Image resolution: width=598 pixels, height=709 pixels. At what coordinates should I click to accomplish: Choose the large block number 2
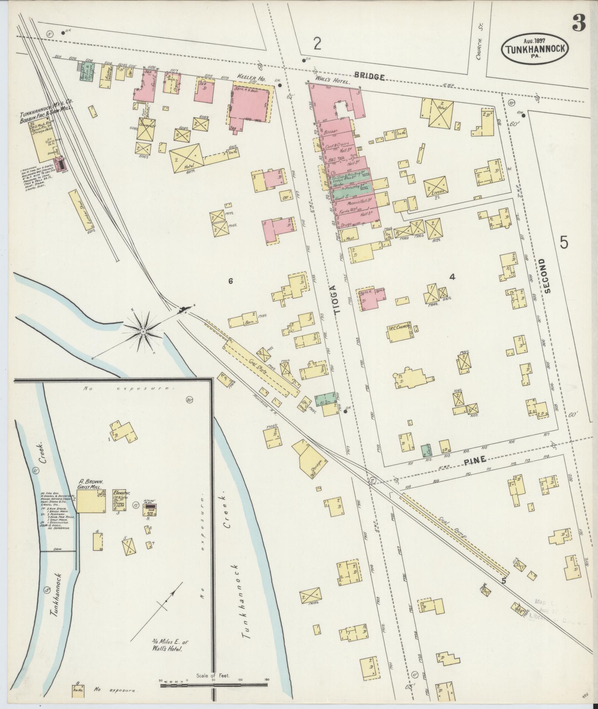point(317,44)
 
